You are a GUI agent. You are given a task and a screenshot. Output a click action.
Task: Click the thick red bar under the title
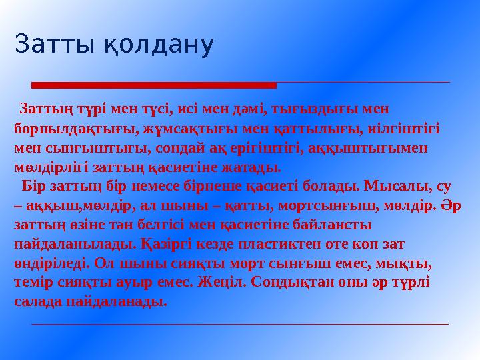coord(154,85)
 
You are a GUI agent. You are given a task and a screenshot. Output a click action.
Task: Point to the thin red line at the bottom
coord(240,324)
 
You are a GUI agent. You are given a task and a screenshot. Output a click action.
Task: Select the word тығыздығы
coord(319,108)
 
